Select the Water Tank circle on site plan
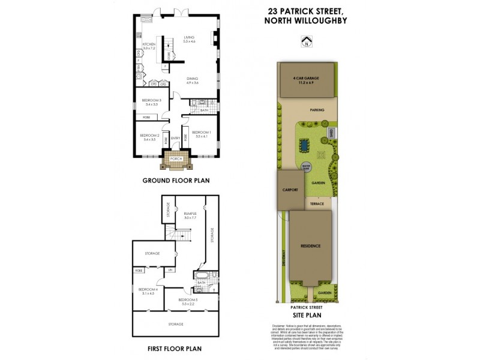pyautogui.click(x=306, y=168)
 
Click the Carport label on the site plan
pyautogui.click(x=290, y=189)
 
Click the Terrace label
pyautogui.click(x=317, y=203)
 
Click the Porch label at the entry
pyautogui.click(x=176, y=158)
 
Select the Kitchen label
pyautogui.click(x=149, y=46)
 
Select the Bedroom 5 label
pyautogui.click(x=189, y=301)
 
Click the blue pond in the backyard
pyautogui.click(x=304, y=145)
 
